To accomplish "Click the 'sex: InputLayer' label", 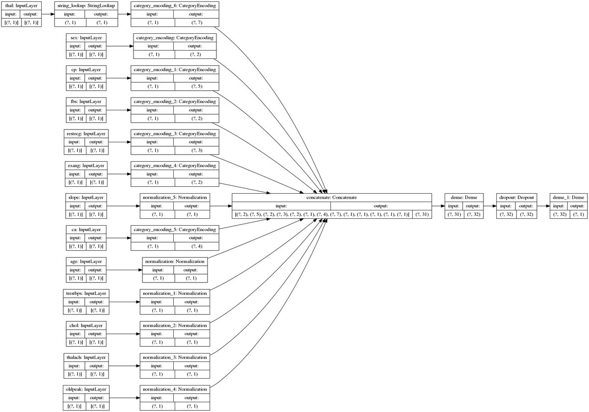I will coord(86,38).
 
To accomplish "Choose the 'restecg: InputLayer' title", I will coord(86,133).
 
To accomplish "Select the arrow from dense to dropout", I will coord(489,206).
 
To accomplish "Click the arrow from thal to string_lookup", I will coord(48,15).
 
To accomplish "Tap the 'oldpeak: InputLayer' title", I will coord(86,389).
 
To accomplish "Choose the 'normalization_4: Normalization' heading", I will coord(175,389).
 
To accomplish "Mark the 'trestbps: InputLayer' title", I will coord(86,293).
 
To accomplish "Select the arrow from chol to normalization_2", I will coord(123,334).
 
